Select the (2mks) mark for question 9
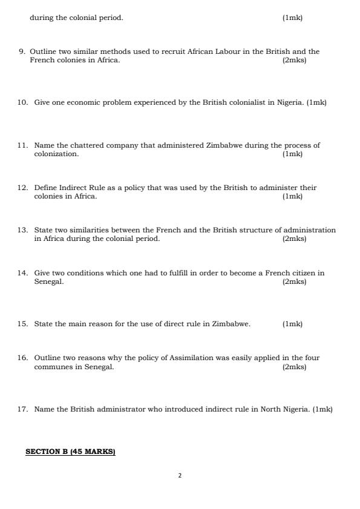click(x=294, y=60)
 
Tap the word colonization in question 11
click(x=56, y=154)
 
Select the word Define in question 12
click(x=45, y=188)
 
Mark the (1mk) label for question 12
click(x=292, y=196)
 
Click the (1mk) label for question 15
click(x=292, y=324)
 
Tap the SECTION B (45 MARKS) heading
click(x=70, y=452)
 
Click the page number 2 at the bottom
click(x=180, y=476)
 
